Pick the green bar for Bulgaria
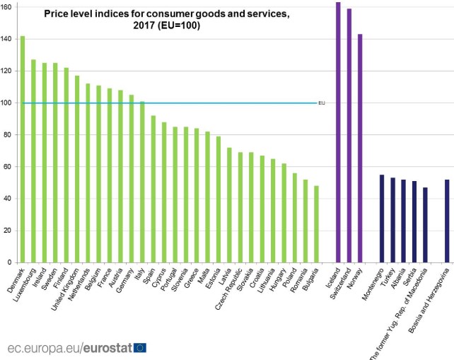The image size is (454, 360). click(316, 223)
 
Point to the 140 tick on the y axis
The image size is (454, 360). click(7, 39)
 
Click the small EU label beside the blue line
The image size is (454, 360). click(321, 103)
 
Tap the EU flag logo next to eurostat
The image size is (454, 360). click(140, 347)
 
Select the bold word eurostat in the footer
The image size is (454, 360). click(107, 348)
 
